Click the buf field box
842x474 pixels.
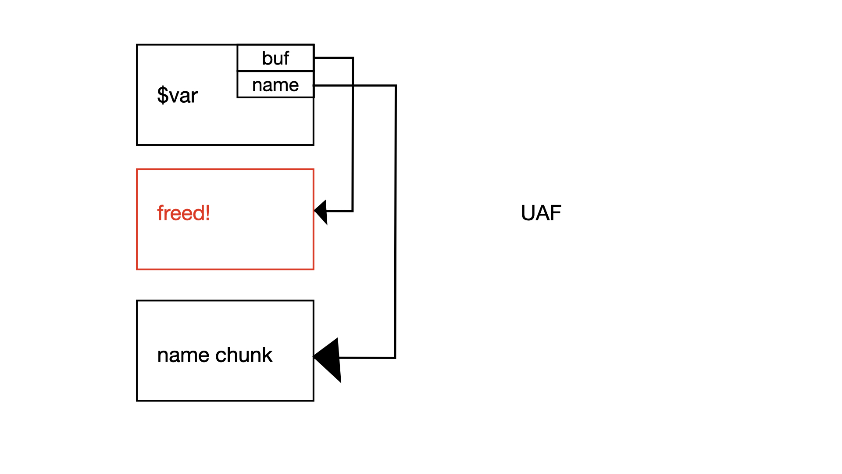[275, 58]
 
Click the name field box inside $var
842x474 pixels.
[275, 85]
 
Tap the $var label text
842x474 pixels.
[177, 95]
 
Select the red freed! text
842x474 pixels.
[183, 213]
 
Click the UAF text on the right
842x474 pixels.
[541, 213]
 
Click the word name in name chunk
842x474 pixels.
[183, 355]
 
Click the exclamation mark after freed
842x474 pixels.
[208, 213]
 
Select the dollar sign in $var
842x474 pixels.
[162, 95]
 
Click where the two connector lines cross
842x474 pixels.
[353, 86]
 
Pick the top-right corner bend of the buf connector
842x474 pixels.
[353, 58]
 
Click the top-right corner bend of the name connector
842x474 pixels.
[396, 86]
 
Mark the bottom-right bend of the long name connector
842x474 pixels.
[395, 358]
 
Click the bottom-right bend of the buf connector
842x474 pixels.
[353, 211]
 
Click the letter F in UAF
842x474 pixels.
[556, 213]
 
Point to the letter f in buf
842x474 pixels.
[286, 57]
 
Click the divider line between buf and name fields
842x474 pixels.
[275, 71]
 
